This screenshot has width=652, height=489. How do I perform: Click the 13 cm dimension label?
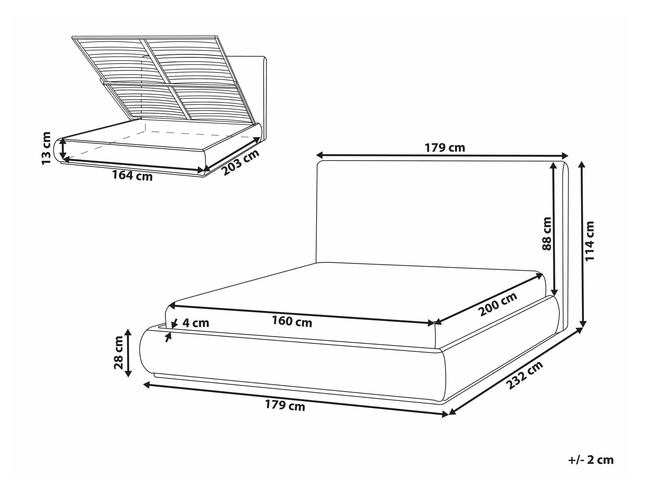click(x=47, y=148)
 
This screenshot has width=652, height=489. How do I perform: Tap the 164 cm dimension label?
click(x=132, y=176)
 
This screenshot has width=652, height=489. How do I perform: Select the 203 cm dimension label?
click(x=242, y=162)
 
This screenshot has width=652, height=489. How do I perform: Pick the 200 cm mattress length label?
click(x=497, y=304)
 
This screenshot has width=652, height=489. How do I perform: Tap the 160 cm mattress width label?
click(x=292, y=322)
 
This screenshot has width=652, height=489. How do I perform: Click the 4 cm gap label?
click(x=196, y=323)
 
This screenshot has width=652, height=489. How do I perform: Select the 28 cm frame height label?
click(x=119, y=353)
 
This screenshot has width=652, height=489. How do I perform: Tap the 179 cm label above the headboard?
click(x=445, y=148)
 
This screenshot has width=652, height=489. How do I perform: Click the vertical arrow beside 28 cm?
click(x=128, y=353)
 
